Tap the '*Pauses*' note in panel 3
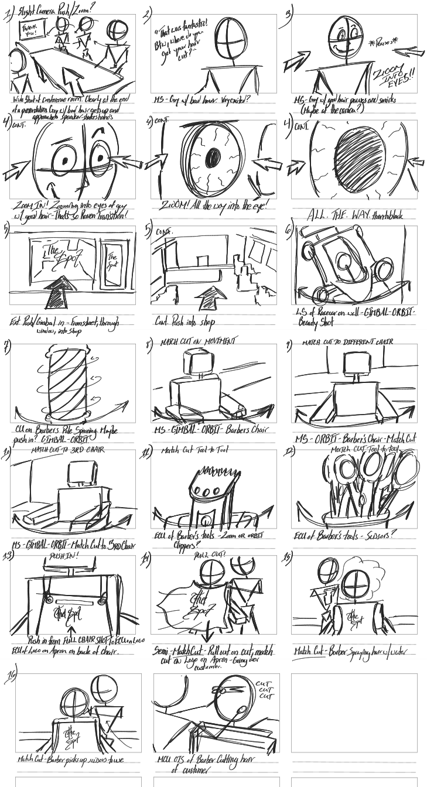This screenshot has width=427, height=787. pyautogui.click(x=380, y=43)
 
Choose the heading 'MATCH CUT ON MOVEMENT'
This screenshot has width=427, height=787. pyautogui.click(x=199, y=341)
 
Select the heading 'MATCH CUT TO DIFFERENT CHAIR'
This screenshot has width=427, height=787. pyautogui.click(x=348, y=342)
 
